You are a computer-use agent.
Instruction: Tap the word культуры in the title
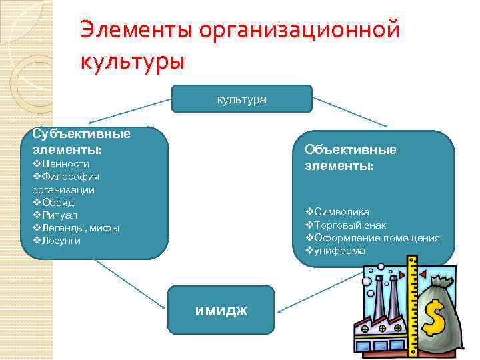(x=131, y=61)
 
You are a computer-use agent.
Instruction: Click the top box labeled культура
(x=241, y=99)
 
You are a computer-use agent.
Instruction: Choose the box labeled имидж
(x=220, y=309)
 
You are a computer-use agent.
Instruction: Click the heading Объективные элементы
(x=350, y=157)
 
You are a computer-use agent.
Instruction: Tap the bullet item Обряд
(x=57, y=202)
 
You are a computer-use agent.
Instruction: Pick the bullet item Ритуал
(x=59, y=215)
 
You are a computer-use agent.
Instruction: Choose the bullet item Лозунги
(x=61, y=241)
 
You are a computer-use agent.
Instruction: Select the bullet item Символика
(x=341, y=212)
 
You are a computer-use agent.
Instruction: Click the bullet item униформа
(x=339, y=251)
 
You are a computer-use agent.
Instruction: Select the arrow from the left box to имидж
(x=130, y=283)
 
